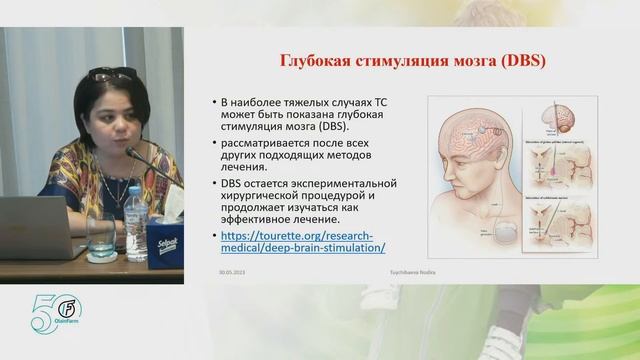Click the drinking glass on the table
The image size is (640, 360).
[x=100, y=233]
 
